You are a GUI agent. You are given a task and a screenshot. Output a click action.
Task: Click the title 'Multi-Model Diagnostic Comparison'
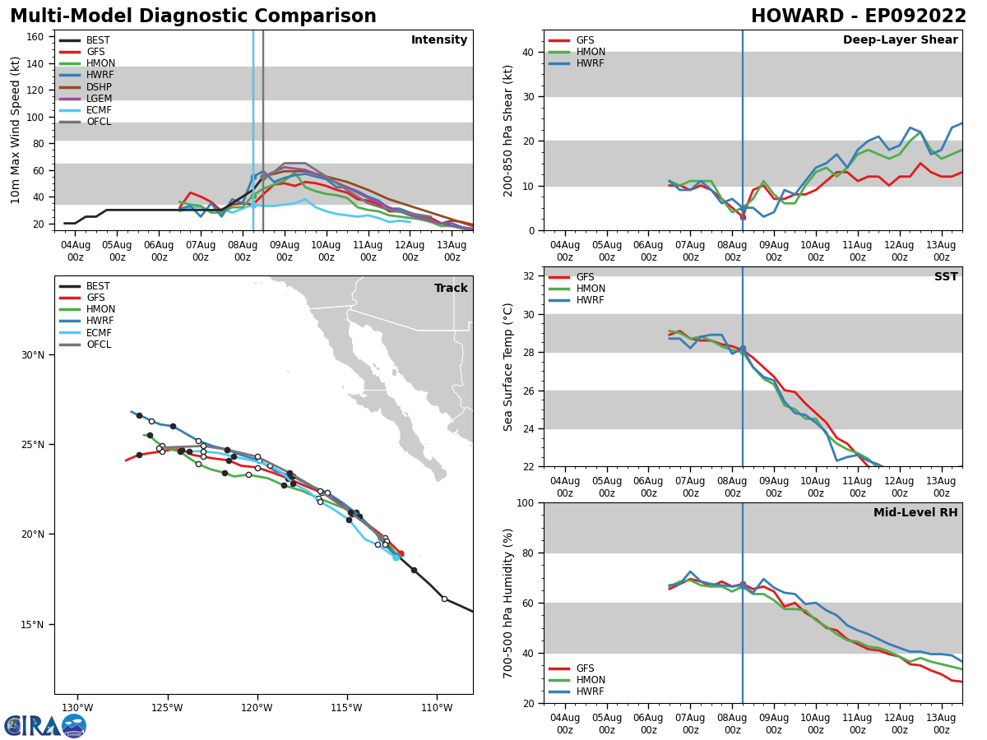[193, 16]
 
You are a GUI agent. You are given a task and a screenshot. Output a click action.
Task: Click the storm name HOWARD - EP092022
[858, 16]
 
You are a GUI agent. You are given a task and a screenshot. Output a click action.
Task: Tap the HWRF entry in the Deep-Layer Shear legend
[591, 63]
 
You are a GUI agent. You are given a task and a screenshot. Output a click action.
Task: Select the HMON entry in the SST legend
[591, 289]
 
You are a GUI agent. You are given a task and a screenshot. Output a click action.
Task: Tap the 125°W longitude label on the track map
[166, 708]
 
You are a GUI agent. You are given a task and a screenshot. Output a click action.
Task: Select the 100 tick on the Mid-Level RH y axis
[526, 502]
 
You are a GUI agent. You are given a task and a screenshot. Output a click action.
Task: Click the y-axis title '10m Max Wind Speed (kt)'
[16, 130]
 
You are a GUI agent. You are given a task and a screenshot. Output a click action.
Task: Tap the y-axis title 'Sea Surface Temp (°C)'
[508, 367]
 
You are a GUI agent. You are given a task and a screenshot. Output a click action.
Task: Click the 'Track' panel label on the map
[451, 289]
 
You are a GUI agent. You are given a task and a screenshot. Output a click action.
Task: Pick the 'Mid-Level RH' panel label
[915, 513]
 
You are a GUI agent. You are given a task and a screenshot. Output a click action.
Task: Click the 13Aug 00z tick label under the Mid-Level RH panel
[941, 724]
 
